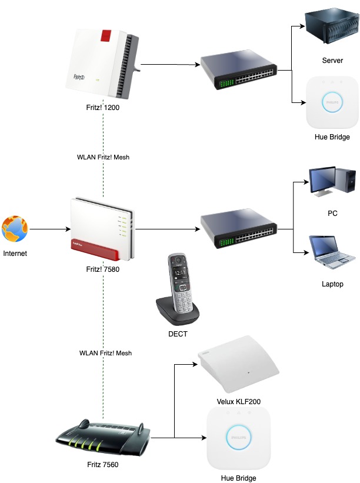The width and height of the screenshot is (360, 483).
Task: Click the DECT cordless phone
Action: (x=178, y=289)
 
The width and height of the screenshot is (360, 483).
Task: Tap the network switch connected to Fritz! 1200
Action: (x=238, y=71)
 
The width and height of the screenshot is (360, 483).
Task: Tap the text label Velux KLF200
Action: (x=238, y=401)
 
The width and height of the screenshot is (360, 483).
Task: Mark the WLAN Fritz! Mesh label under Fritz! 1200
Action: (x=103, y=157)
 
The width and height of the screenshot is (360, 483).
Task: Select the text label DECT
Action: (x=178, y=334)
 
